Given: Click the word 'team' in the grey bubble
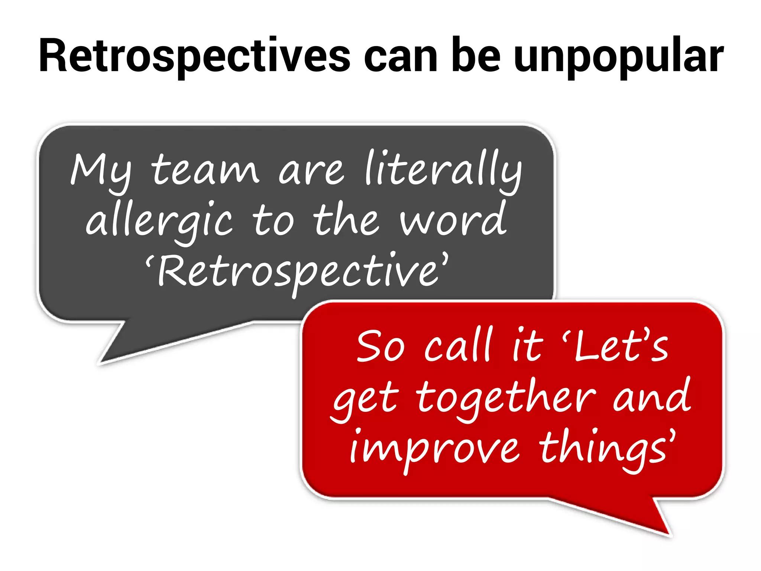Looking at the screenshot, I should click(205, 169).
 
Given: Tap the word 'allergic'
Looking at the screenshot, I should click(160, 222).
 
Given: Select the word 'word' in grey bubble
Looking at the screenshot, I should click(454, 219).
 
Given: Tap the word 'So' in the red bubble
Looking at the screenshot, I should click(380, 346).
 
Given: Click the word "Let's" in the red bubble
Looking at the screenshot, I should click(617, 346).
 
